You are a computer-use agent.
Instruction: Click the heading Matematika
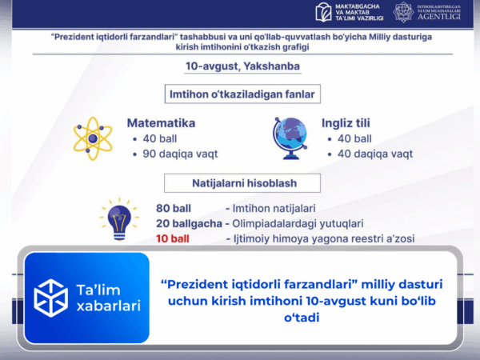pos(161,124)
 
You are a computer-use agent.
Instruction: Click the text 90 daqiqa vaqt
pos(180,154)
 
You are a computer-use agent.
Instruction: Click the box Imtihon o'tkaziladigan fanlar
pos(241,95)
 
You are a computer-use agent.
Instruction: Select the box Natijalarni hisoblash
pos(241,183)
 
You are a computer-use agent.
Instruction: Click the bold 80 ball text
pos(174,208)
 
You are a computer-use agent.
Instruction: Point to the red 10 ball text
pos(174,238)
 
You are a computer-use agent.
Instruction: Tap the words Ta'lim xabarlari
pos(108,298)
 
